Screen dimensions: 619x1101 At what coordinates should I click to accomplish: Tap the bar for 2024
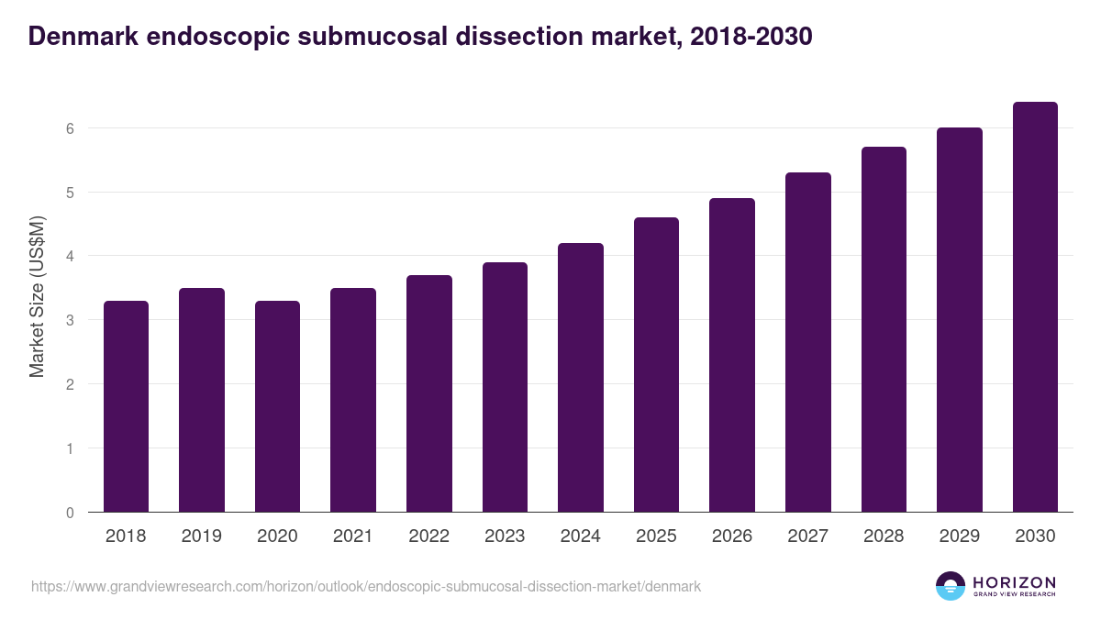[580, 377]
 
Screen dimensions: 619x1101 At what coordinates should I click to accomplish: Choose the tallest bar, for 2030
[1035, 307]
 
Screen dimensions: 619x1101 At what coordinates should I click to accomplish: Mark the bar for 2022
[428, 393]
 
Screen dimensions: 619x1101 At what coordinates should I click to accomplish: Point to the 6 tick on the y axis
[69, 128]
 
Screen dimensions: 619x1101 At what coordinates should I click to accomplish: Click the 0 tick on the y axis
[69, 513]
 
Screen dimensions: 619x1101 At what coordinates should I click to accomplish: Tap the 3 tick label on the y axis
[69, 320]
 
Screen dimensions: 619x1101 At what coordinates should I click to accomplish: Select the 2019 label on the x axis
[201, 536]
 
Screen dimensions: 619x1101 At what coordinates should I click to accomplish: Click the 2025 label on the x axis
[656, 536]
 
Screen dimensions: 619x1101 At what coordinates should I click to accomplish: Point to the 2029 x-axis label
[959, 536]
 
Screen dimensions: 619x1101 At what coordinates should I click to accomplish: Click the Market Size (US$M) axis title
[37, 296]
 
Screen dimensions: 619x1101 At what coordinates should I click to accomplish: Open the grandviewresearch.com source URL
[366, 585]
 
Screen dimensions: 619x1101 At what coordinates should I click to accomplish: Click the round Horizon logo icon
[950, 586]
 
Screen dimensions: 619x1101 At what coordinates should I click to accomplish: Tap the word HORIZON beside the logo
[1014, 581]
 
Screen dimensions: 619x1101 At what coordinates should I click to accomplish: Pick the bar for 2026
[731, 355]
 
